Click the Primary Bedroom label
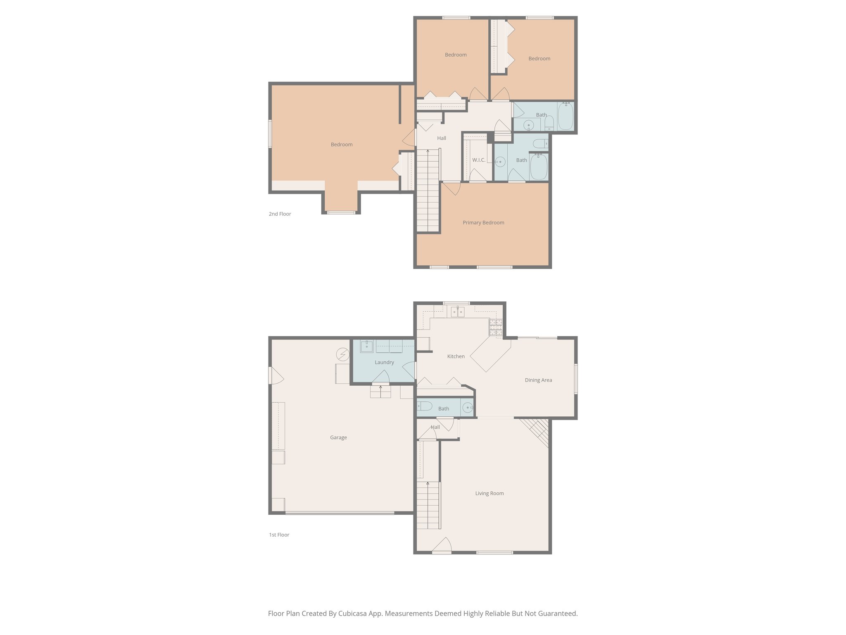tap(483, 222)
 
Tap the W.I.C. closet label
tap(479, 160)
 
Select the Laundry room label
tap(384, 362)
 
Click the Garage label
tap(338, 437)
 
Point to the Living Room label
tap(489, 493)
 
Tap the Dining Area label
tap(538, 380)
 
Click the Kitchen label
tap(456, 356)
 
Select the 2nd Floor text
tap(280, 214)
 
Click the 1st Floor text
tap(279, 535)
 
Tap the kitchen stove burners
tap(496, 327)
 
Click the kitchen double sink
tap(457, 311)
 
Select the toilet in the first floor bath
tap(424, 406)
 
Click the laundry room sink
tap(366, 346)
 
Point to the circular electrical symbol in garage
tap(342, 354)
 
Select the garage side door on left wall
tap(275, 375)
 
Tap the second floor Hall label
tap(442, 138)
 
